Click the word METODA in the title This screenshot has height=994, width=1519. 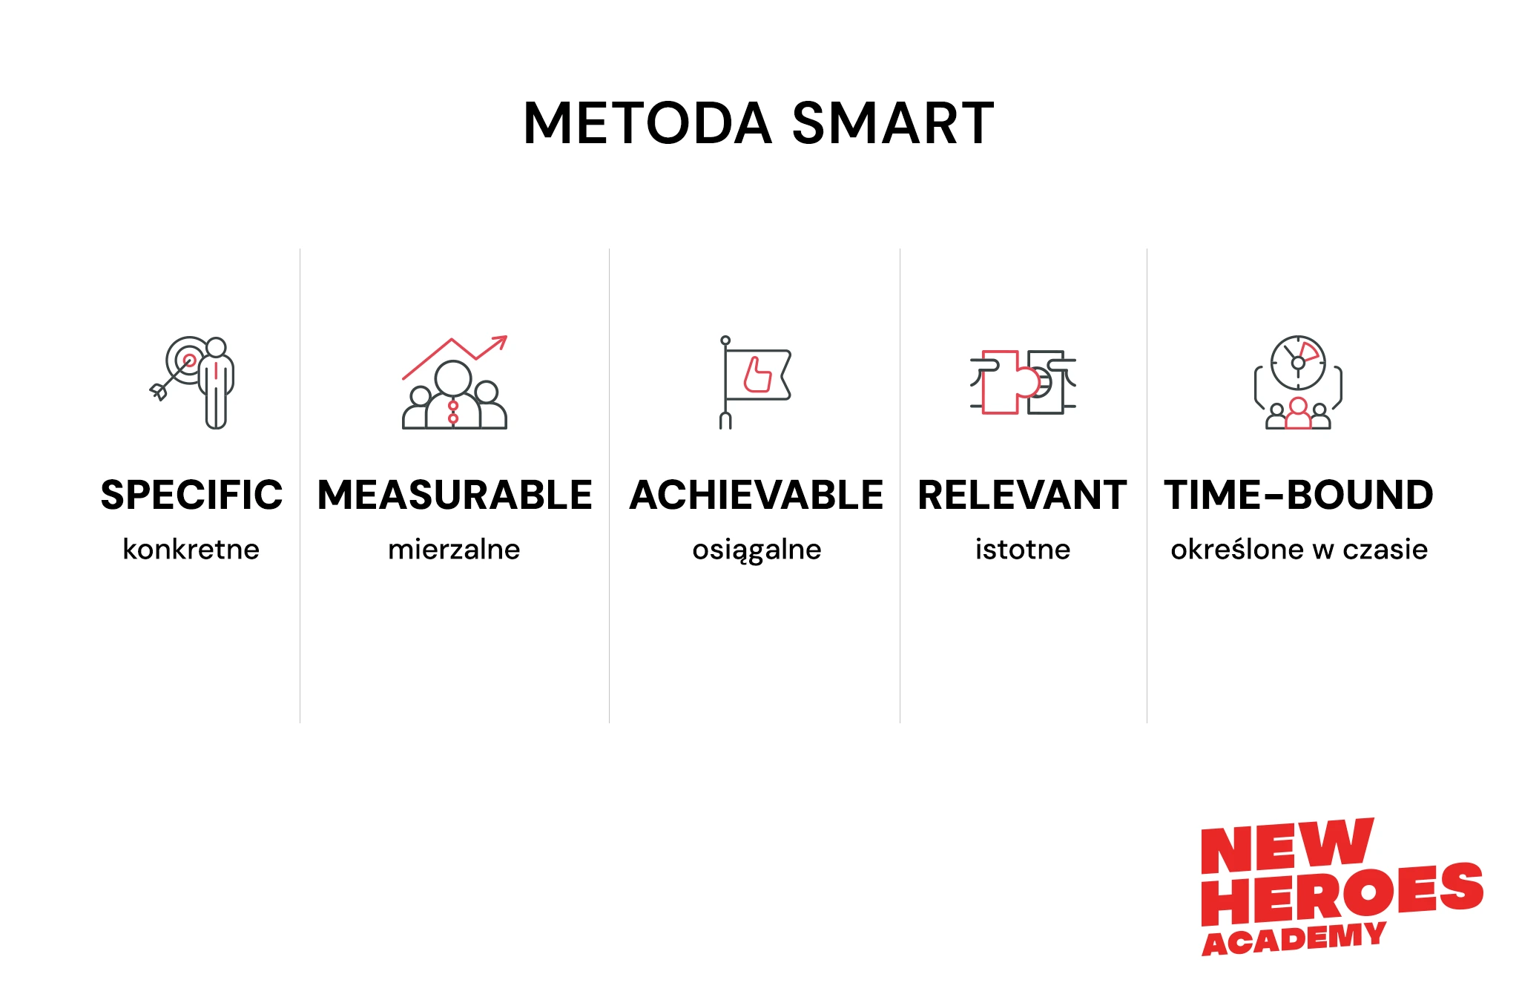(x=648, y=123)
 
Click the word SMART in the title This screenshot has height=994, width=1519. (x=893, y=123)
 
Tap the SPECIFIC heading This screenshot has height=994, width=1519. (x=191, y=495)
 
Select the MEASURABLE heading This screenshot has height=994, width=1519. (x=455, y=495)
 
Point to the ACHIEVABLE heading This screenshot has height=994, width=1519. (x=756, y=495)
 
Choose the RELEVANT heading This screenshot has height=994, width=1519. (x=1022, y=495)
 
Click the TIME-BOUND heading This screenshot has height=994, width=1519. (x=1299, y=495)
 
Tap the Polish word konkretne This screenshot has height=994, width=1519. (x=191, y=549)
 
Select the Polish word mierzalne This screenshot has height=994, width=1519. (x=454, y=549)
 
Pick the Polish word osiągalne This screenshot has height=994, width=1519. (x=757, y=550)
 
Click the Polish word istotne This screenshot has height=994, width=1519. (x=1023, y=549)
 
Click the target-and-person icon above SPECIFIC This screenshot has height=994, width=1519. (x=192, y=382)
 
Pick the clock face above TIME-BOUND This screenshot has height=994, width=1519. (x=1298, y=363)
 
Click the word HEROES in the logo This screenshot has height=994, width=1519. (x=1342, y=893)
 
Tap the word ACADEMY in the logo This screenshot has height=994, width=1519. (x=1294, y=938)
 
